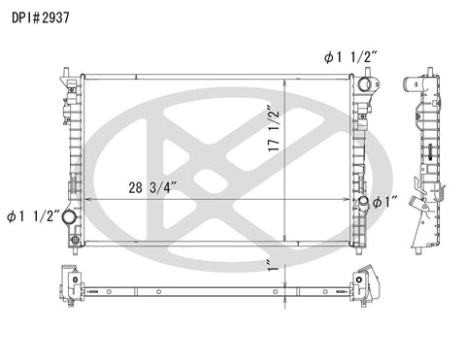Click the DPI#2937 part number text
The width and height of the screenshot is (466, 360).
(x=41, y=17)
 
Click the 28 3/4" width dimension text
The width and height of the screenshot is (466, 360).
(x=152, y=187)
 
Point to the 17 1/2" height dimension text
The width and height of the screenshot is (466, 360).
(x=274, y=128)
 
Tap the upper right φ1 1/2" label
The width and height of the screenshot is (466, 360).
(x=350, y=57)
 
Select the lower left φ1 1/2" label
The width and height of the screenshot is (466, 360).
(x=33, y=216)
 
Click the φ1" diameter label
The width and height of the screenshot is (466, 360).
(x=384, y=203)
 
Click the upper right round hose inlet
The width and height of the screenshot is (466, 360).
(x=365, y=84)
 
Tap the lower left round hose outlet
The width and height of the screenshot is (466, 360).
(x=69, y=216)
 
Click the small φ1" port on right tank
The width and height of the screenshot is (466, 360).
(x=363, y=203)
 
